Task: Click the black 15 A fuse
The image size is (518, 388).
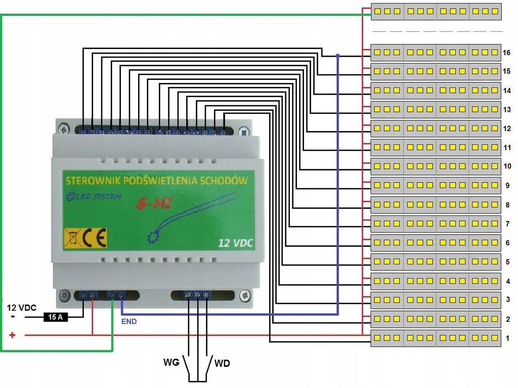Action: pyautogui.click(x=55, y=317)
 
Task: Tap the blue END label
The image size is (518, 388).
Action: pyautogui.click(x=129, y=321)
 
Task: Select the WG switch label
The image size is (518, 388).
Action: pyautogui.click(x=171, y=363)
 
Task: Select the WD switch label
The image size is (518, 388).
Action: pyautogui.click(x=223, y=363)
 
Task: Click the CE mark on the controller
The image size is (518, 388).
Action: pyautogui.click(x=95, y=238)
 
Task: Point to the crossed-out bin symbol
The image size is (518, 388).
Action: pyautogui.click(x=72, y=238)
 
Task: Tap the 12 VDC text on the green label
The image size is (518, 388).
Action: pyautogui.click(x=235, y=243)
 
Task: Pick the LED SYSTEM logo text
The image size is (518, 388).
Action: pyautogui.click(x=95, y=196)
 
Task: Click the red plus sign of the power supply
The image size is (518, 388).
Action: pyautogui.click(x=13, y=335)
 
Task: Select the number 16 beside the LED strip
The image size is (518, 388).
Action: pyautogui.click(x=507, y=53)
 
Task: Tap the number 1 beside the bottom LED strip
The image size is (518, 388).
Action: pyautogui.click(x=507, y=338)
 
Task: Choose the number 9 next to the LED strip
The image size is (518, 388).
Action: pyautogui.click(x=507, y=186)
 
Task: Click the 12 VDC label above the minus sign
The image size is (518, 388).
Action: pyautogui.click(x=21, y=307)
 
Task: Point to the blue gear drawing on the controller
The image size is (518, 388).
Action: pyautogui.click(x=152, y=236)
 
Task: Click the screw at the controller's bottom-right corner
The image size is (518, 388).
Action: pyautogui.click(x=245, y=293)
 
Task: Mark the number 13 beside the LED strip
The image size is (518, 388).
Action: pyautogui.click(x=507, y=110)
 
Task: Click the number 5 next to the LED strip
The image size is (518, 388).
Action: pyautogui.click(x=507, y=262)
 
